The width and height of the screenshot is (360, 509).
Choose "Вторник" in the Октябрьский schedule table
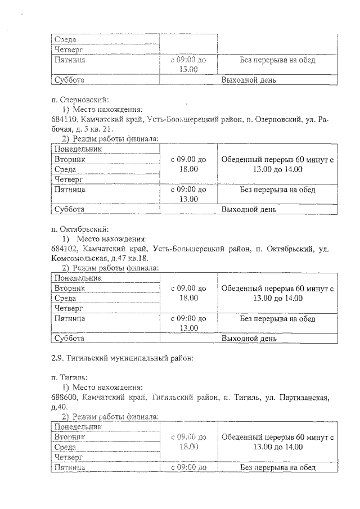tap(69, 288)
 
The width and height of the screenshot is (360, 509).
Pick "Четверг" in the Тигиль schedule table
tap(69, 457)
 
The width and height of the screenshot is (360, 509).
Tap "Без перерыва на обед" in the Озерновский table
tap(278, 190)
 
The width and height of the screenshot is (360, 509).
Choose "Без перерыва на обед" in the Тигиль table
tap(278, 467)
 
